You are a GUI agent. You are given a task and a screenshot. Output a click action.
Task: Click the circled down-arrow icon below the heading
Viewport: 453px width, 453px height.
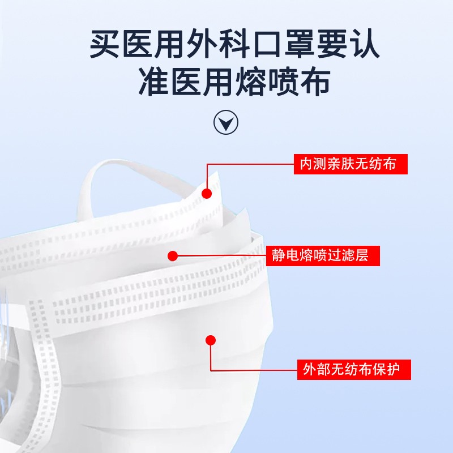(x=226, y=121)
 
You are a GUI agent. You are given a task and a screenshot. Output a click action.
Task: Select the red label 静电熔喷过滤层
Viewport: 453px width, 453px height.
(x=323, y=255)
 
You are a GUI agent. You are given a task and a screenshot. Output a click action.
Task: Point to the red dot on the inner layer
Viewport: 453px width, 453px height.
(x=207, y=194)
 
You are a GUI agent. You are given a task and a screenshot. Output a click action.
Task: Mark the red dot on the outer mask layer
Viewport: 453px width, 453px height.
(x=211, y=340)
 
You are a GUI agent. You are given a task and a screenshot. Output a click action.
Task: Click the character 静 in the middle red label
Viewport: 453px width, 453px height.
(x=278, y=255)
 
